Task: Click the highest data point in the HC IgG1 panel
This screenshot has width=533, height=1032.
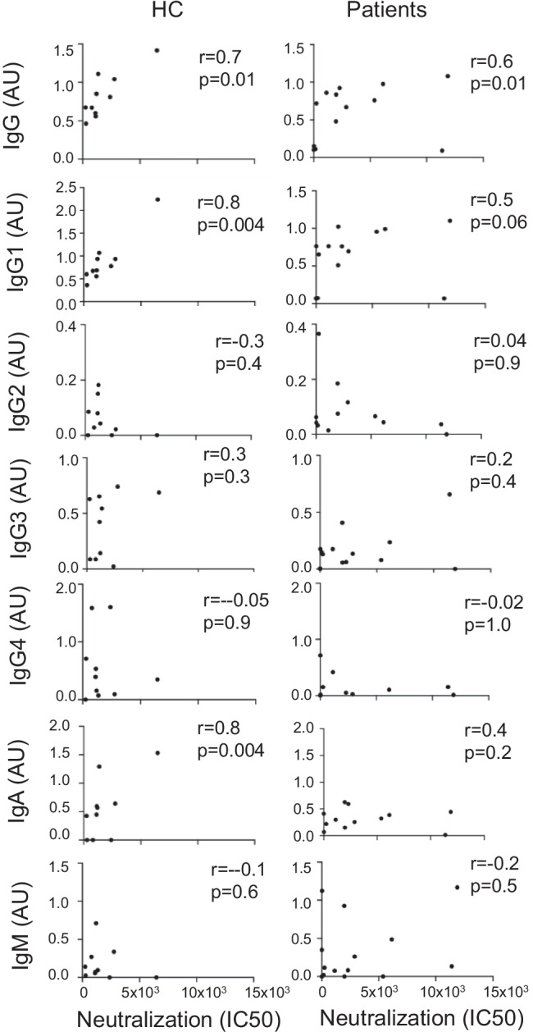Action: coord(157,199)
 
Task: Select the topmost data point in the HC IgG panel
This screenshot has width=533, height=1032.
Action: coord(157,50)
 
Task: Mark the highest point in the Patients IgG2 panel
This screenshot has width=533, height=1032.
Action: coord(317,334)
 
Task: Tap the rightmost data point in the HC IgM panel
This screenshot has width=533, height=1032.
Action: coord(157,977)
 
